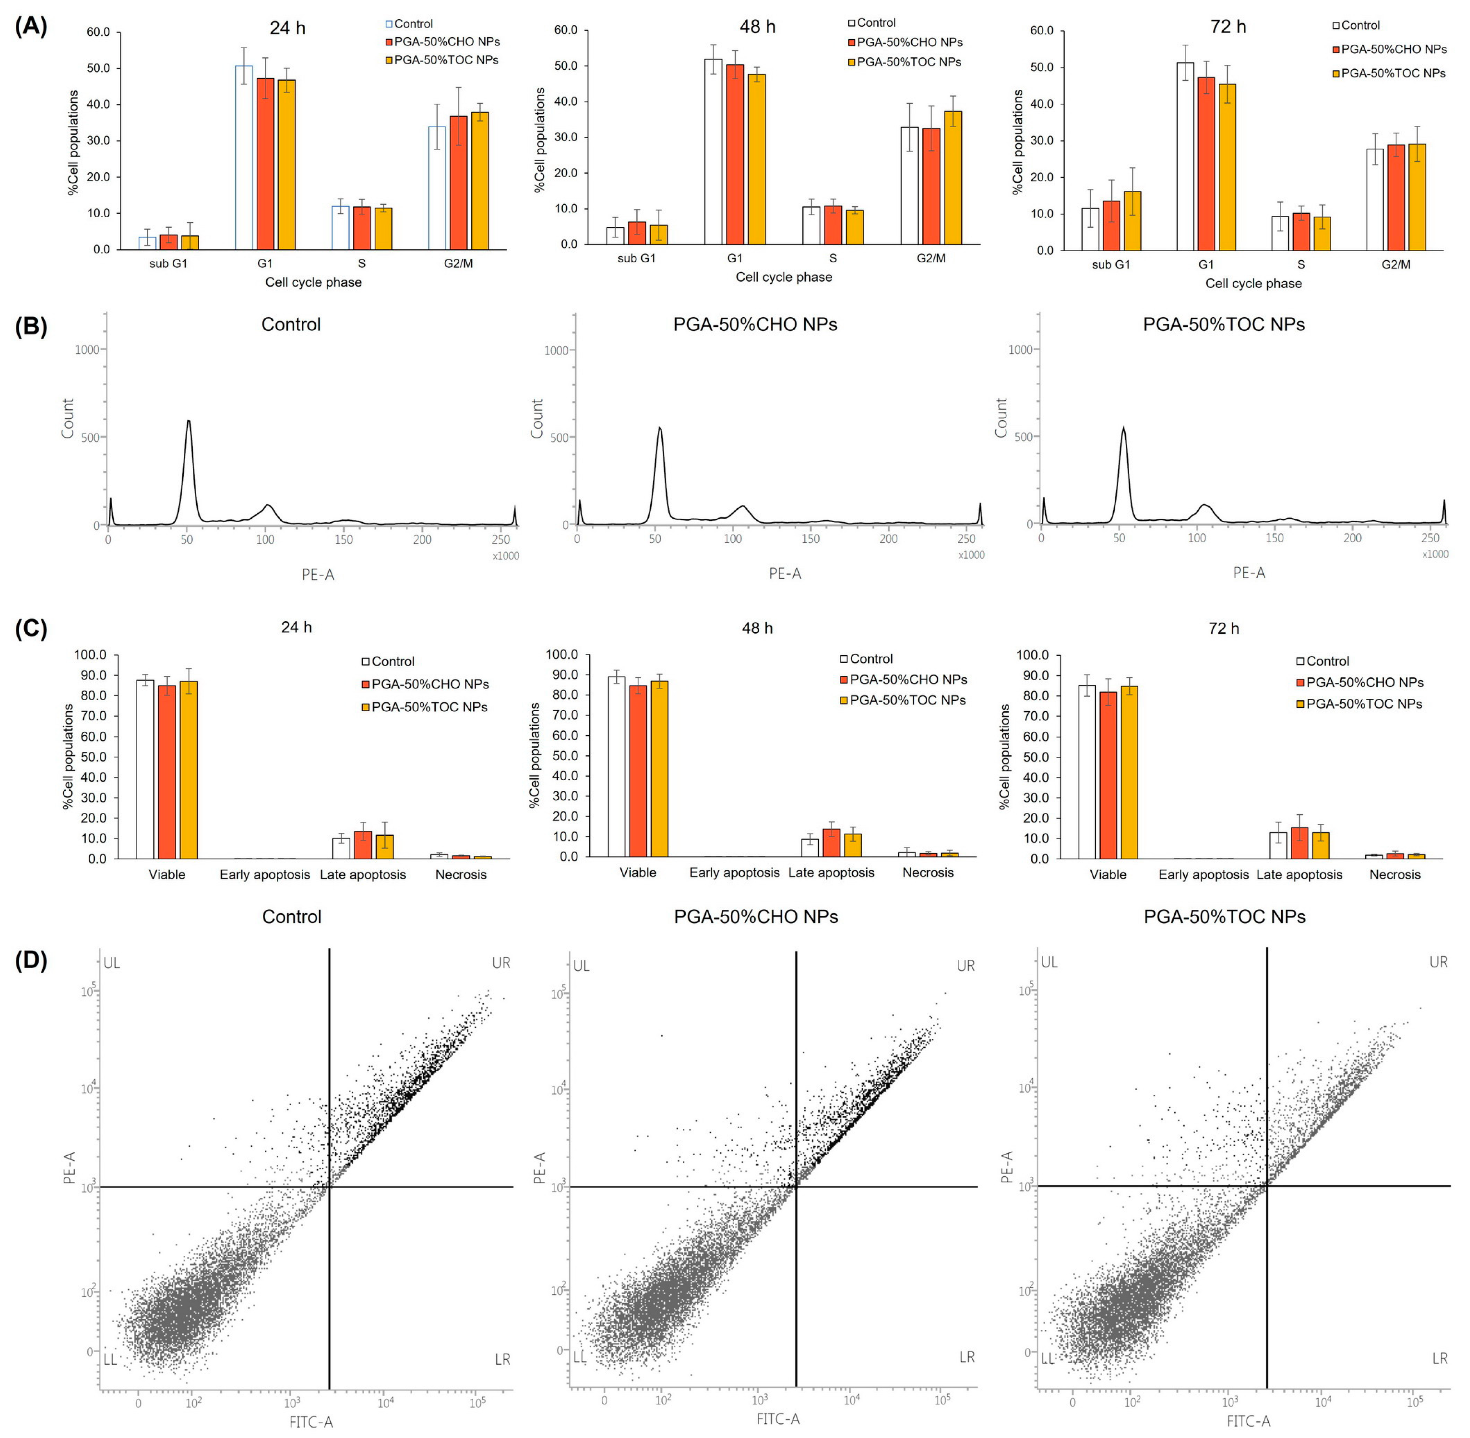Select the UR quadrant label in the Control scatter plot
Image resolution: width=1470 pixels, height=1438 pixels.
(501, 963)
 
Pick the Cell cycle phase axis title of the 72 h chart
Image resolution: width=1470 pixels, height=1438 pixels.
(1253, 283)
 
